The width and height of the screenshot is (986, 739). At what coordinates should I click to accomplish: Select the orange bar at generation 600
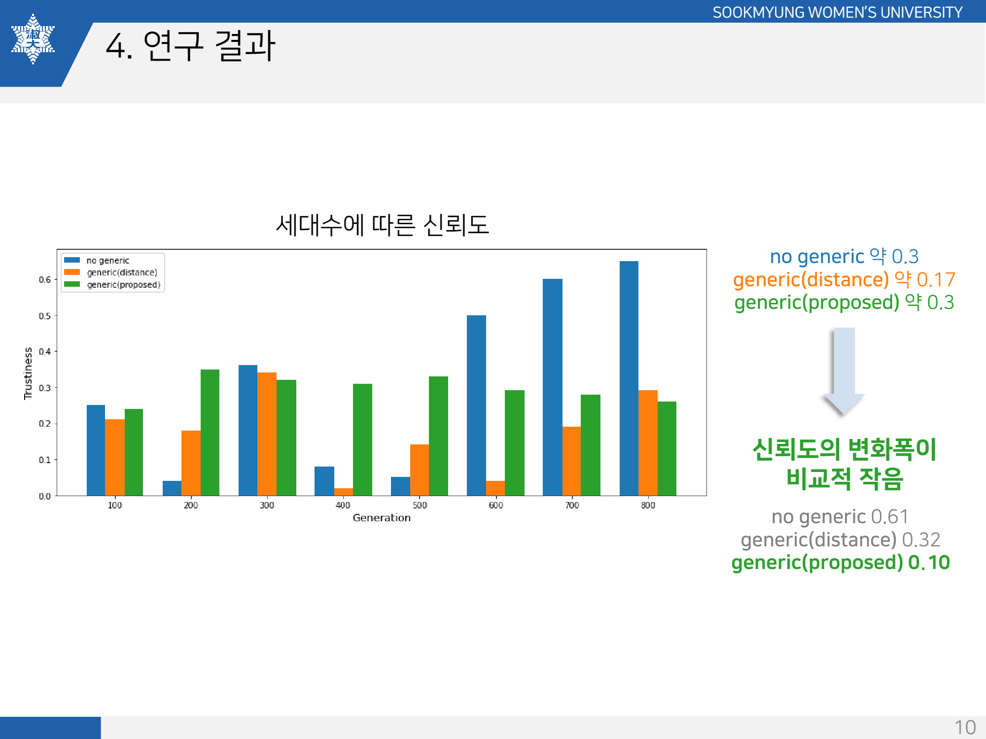pyautogui.click(x=495, y=488)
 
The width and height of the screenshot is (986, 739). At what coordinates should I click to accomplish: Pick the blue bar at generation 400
pyautogui.click(x=324, y=481)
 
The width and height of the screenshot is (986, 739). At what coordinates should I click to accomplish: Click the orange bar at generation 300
pyautogui.click(x=267, y=434)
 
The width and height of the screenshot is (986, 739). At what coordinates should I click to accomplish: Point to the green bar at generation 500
pyautogui.click(x=438, y=436)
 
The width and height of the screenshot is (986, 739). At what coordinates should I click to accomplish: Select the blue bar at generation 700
pyautogui.click(x=552, y=387)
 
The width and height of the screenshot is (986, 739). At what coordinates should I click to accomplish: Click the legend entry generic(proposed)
pyautogui.click(x=123, y=285)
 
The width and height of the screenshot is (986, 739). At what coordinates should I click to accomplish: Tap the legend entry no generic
pyautogui.click(x=107, y=261)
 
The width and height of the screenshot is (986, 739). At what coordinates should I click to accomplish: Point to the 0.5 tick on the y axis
pyautogui.click(x=45, y=316)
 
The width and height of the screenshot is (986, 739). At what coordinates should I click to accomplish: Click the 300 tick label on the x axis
pyautogui.click(x=267, y=505)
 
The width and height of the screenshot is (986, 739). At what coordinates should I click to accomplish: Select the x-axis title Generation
pyautogui.click(x=382, y=518)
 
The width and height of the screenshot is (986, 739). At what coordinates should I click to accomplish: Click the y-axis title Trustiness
pyautogui.click(x=28, y=373)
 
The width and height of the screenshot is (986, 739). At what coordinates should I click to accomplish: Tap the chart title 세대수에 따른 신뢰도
pyautogui.click(x=382, y=225)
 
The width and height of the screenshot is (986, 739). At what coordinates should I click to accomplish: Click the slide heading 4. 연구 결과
pyautogui.click(x=190, y=46)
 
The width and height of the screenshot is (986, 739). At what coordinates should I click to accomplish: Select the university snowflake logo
pyautogui.click(x=33, y=39)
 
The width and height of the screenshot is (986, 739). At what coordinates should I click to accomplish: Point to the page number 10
pyautogui.click(x=965, y=727)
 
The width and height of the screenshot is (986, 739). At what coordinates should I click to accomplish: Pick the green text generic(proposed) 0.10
pyautogui.click(x=841, y=563)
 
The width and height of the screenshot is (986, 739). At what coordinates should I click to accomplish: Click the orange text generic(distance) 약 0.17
pyautogui.click(x=844, y=280)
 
